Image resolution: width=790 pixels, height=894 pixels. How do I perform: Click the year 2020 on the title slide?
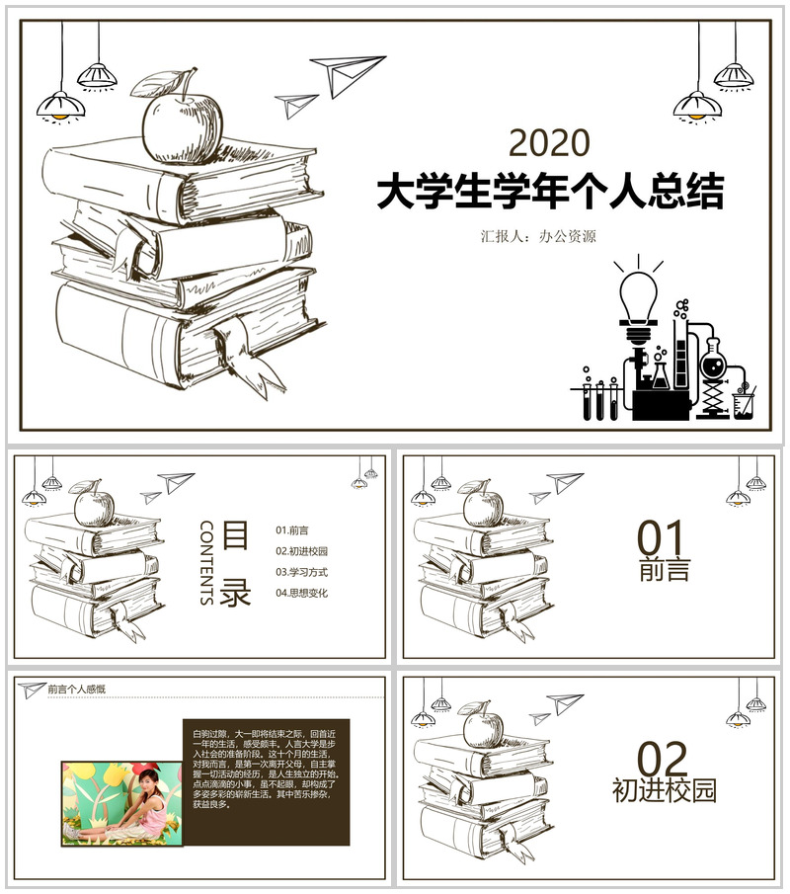[x=549, y=144]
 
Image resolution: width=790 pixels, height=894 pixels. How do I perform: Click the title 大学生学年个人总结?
[x=550, y=193]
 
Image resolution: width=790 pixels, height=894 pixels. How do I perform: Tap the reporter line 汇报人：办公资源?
[x=538, y=237]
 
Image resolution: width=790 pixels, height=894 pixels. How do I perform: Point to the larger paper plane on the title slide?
[x=346, y=73]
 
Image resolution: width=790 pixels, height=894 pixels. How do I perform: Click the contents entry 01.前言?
[x=292, y=530]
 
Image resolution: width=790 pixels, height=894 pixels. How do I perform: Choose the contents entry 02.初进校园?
[x=302, y=551]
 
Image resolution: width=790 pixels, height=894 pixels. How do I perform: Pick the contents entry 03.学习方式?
[x=302, y=572]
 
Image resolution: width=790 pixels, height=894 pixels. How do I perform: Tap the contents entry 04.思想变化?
[x=302, y=593]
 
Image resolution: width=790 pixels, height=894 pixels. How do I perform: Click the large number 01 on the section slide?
[x=661, y=539]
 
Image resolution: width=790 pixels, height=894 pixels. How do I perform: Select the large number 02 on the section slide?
[x=662, y=760]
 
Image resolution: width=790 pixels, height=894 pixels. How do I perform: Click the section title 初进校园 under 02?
[x=664, y=790]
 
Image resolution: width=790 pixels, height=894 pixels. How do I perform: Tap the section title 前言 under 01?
[x=664, y=570]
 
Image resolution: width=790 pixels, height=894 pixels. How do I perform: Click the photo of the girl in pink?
[x=121, y=801]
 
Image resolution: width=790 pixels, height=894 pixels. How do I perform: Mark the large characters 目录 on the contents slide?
[x=235, y=564]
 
